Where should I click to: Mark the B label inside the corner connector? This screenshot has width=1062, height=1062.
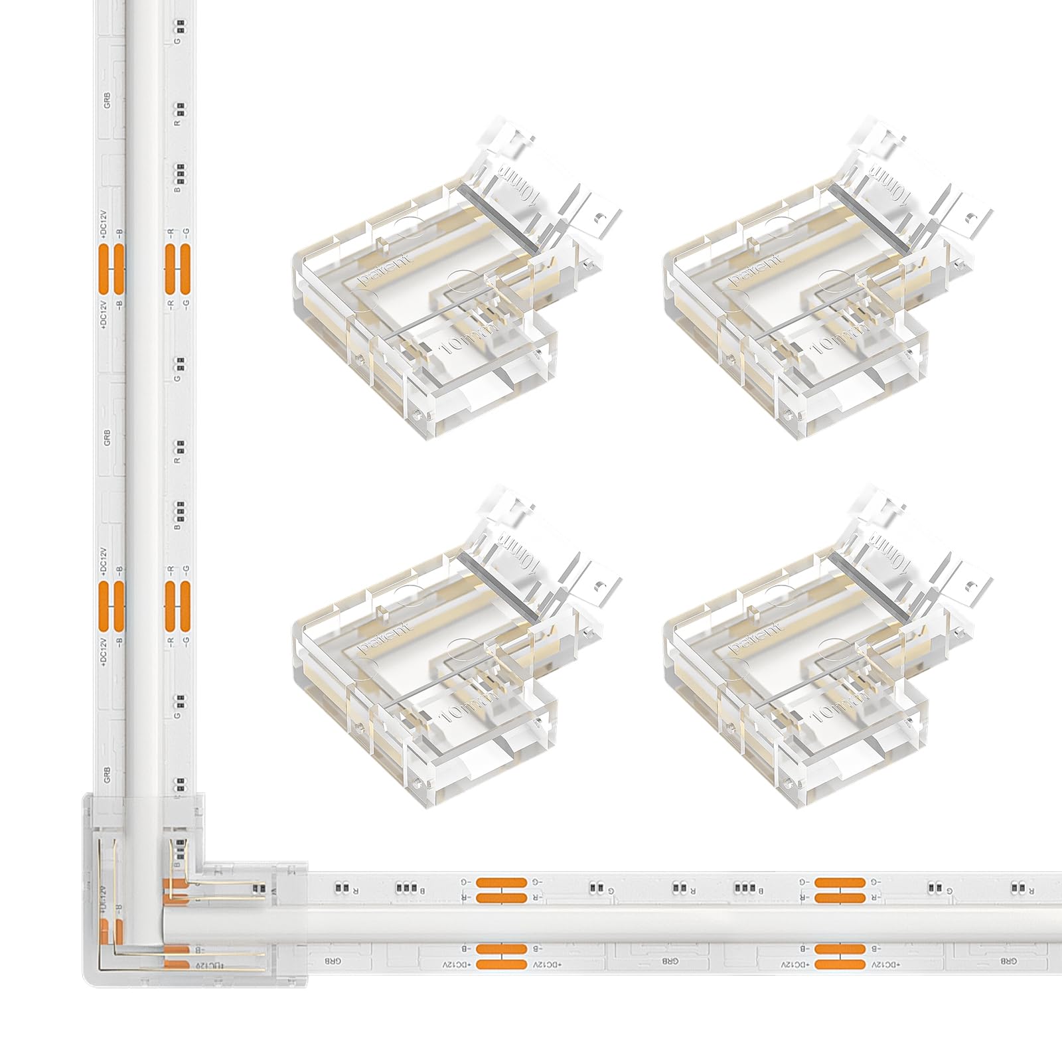coord(177,864)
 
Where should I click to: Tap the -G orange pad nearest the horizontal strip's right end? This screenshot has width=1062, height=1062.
coord(840,882)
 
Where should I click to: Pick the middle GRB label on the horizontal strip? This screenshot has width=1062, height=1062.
coord(670,960)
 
